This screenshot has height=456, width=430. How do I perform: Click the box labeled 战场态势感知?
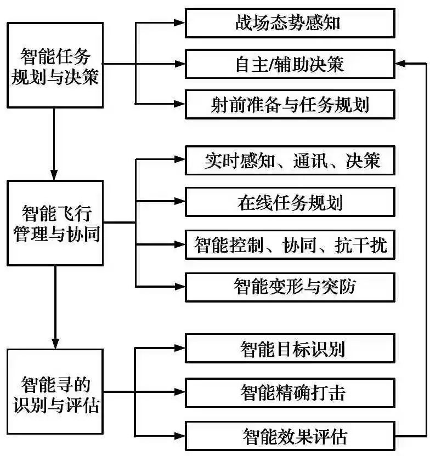(290, 23)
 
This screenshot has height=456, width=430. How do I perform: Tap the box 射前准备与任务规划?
(290, 104)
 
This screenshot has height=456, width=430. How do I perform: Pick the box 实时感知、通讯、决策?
(290, 161)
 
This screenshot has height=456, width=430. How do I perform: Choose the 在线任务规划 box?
(290, 202)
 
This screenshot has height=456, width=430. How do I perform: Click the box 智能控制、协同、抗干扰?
(290, 244)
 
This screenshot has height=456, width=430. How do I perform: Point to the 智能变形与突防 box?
(290, 286)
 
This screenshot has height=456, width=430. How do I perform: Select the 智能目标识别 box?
(290, 347)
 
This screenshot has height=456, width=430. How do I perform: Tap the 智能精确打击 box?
(290, 392)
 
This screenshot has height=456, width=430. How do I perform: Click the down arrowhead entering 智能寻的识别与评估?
(55, 342)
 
